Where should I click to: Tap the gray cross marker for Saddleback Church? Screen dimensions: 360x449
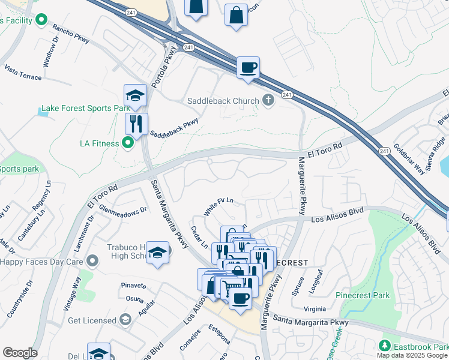click(x=268, y=101)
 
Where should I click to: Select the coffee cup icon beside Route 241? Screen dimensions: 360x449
click(x=247, y=67)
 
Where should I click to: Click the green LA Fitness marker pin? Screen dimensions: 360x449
click(x=127, y=143)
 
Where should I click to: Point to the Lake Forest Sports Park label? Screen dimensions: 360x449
click(x=85, y=109)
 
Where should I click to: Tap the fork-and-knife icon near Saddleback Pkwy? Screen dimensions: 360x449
click(x=136, y=124)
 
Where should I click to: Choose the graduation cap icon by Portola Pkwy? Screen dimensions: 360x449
click(x=136, y=95)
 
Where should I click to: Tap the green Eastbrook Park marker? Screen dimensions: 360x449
click(x=384, y=346)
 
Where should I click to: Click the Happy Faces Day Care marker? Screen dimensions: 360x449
click(x=92, y=261)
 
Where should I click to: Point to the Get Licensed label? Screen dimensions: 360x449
click(x=92, y=320)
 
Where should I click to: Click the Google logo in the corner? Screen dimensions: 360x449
click(x=20, y=353)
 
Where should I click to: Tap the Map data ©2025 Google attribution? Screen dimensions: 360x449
click(x=412, y=355)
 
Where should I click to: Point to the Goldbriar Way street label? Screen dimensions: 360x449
click(x=409, y=159)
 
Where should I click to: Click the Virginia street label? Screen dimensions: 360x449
click(x=319, y=310)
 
